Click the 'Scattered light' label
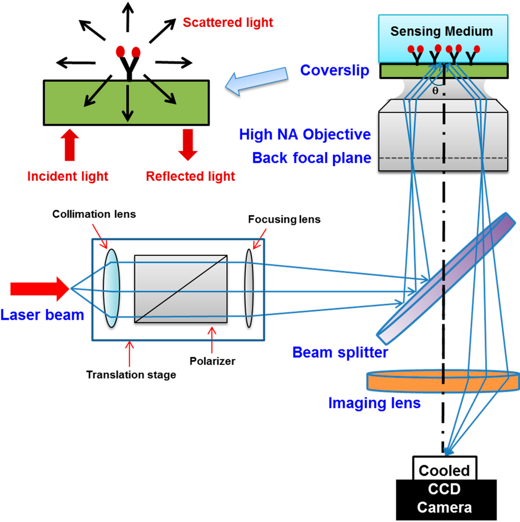[227, 22]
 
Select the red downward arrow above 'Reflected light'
[188, 144]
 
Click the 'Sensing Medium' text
[441, 31]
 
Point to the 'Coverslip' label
[335, 70]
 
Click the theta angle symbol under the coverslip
[435, 91]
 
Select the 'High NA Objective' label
[305, 135]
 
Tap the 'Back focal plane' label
[311, 158]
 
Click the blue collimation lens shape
[111, 288]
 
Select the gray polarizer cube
[180, 288]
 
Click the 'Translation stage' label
[131, 375]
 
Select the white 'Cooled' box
[444, 470]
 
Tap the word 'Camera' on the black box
[444, 507]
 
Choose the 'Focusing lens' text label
[284, 219]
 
